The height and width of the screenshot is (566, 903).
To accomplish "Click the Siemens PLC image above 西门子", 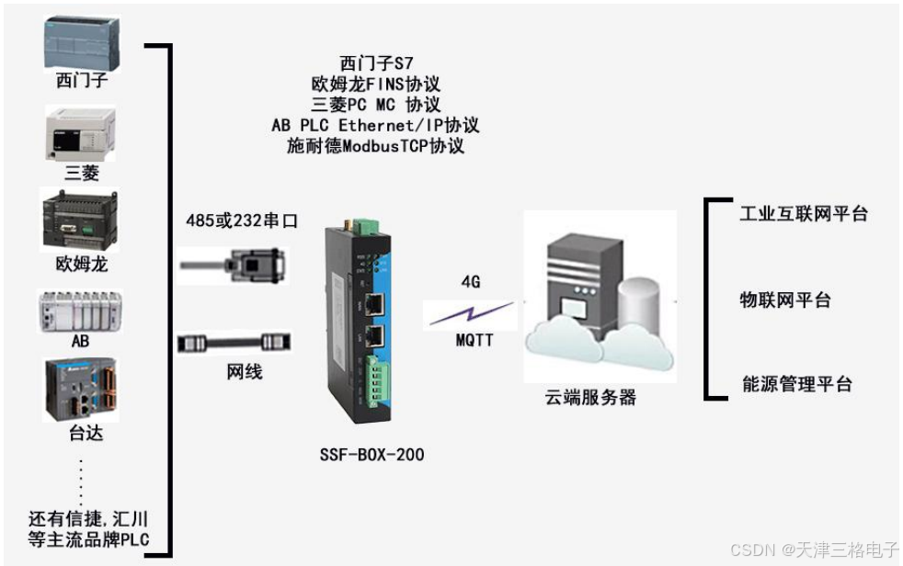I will (82, 38).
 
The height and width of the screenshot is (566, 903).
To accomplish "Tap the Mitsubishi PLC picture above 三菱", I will (81, 133).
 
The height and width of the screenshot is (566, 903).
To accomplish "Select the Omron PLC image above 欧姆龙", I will (82, 221).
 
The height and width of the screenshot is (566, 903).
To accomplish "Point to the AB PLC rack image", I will (81, 311).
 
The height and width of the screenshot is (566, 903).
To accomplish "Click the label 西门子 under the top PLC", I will (82, 81).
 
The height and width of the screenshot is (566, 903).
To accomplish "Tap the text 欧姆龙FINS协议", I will (376, 84).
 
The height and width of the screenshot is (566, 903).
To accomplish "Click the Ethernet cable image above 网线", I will (234, 342).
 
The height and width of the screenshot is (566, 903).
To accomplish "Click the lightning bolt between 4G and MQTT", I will (470, 311).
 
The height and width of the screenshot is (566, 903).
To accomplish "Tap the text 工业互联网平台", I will (804, 215).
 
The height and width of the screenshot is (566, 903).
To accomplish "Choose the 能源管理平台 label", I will (796, 385).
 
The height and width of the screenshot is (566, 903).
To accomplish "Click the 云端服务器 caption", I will (591, 398).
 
